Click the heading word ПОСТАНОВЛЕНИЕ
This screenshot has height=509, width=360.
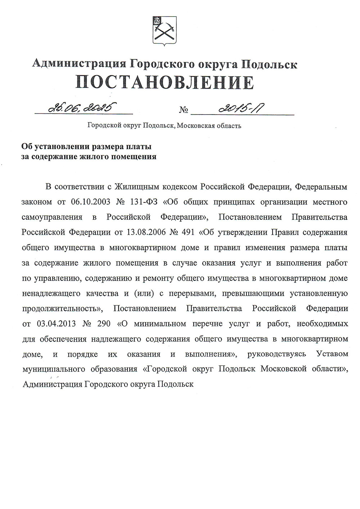[165, 82]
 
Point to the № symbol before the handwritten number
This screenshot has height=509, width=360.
[183, 110]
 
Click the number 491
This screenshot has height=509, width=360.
[186, 232]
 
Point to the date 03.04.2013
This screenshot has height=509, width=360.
[56, 323]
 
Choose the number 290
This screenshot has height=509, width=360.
[104, 323]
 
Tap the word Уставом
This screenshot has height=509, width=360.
[332, 354]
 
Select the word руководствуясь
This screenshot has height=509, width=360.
[277, 354]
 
